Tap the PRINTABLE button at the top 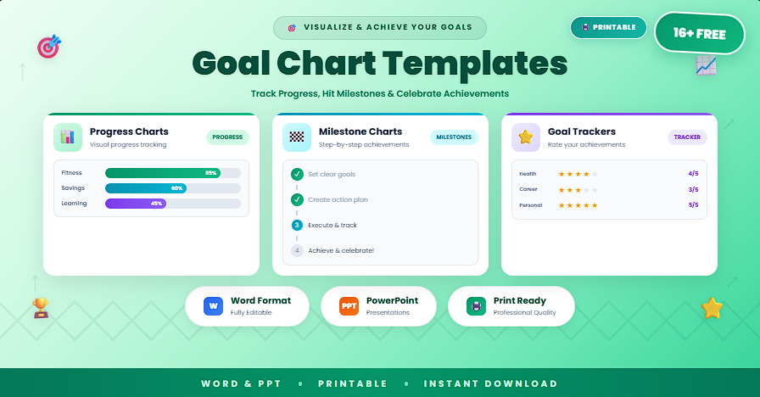pyautogui.click(x=608, y=27)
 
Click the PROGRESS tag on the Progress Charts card pyautogui.click(x=227, y=137)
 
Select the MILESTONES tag pyautogui.click(x=454, y=137)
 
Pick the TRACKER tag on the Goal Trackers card pyautogui.click(x=687, y=137)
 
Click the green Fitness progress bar pyautogui.click(x=162, y=173)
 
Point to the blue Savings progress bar pyautogui.click(x=146, y=188)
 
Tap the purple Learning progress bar pyautogui.click(x=136, y=204)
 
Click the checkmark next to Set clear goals pyautogui.click(x=297, y=174)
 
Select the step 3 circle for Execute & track pyautogui.click(x=297, y=225)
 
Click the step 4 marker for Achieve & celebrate pyautogui.click(x=297, y=250)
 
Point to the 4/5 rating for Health pyautogui.click(x=693, y=174)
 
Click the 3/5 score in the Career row pyautogui.click(x=693, y=189)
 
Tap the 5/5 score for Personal pyautogui.click(x=693, y=204)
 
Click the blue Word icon pyautogui.click(x=213, y=306)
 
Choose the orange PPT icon pyautogui.click(x=349, y=306)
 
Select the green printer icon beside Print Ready pyautogui.click(x=476, y=306)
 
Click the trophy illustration pyautogui.click(x=41, y=307)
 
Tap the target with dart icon pyautogui.click(x=48, y=46)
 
